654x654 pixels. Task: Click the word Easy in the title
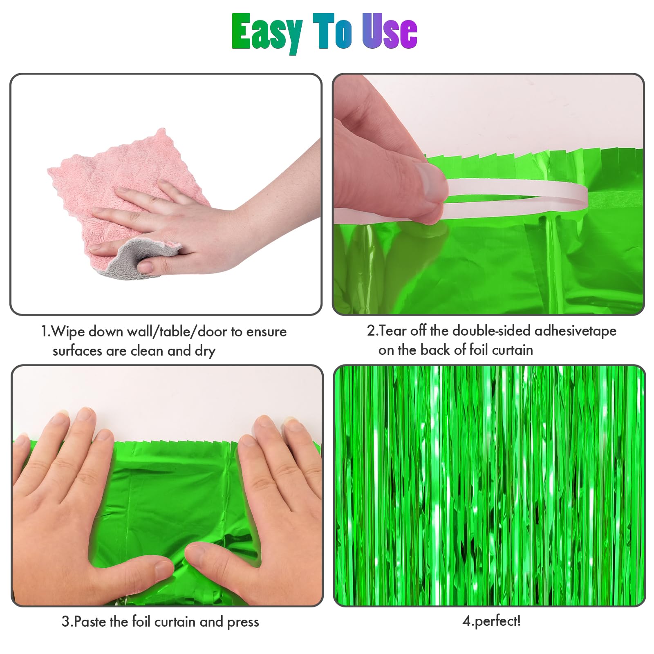267,32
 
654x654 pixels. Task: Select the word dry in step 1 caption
204,351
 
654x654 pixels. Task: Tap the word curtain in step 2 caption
512,350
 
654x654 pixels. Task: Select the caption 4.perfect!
491,621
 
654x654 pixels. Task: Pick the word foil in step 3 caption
141,622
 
